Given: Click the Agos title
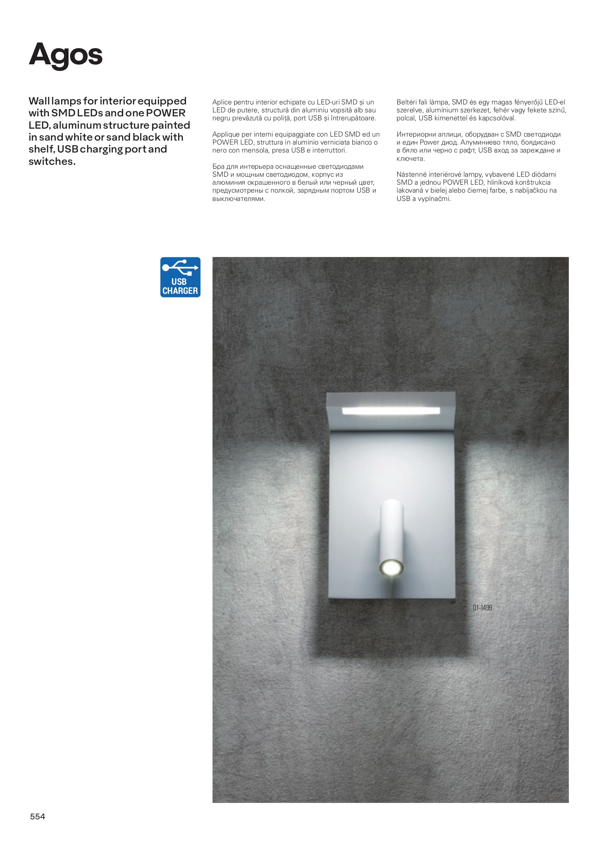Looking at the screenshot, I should point(65,55).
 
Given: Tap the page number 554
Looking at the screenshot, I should point(38,816).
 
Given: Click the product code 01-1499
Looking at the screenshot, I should point(482,608).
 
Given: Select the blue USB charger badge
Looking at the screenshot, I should point(180,277).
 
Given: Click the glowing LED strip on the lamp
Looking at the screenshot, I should point(391,410).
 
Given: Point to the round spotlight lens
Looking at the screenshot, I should point(391,567).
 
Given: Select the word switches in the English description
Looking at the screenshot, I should point(52,161).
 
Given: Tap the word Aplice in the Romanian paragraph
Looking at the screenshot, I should point(221,102).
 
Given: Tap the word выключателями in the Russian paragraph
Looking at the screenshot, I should point(238,199).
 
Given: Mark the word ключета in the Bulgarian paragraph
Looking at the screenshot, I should point(410,159).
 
